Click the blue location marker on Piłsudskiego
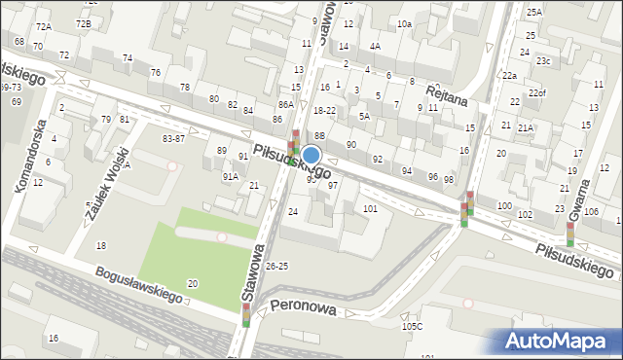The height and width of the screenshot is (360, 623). coord(311,155)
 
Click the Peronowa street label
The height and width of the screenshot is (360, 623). coord(303,308)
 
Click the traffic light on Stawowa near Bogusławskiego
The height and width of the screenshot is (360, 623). coord(246,314)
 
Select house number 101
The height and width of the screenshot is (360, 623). coord(370,208)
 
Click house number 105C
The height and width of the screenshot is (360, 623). coord(412,326)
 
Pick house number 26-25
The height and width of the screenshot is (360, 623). coord(277,265)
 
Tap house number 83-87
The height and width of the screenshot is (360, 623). coord(173,139)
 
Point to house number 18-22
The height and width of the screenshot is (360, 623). coord(324,111)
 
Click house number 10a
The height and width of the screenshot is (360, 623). coord(404,22)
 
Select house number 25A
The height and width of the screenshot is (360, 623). coord(534,12)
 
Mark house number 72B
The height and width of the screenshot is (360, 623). coord(84,23)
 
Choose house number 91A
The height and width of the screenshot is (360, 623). coord(231,176)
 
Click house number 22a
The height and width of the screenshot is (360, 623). coord(509,75)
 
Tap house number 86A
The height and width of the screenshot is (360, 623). coord(285,104)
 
